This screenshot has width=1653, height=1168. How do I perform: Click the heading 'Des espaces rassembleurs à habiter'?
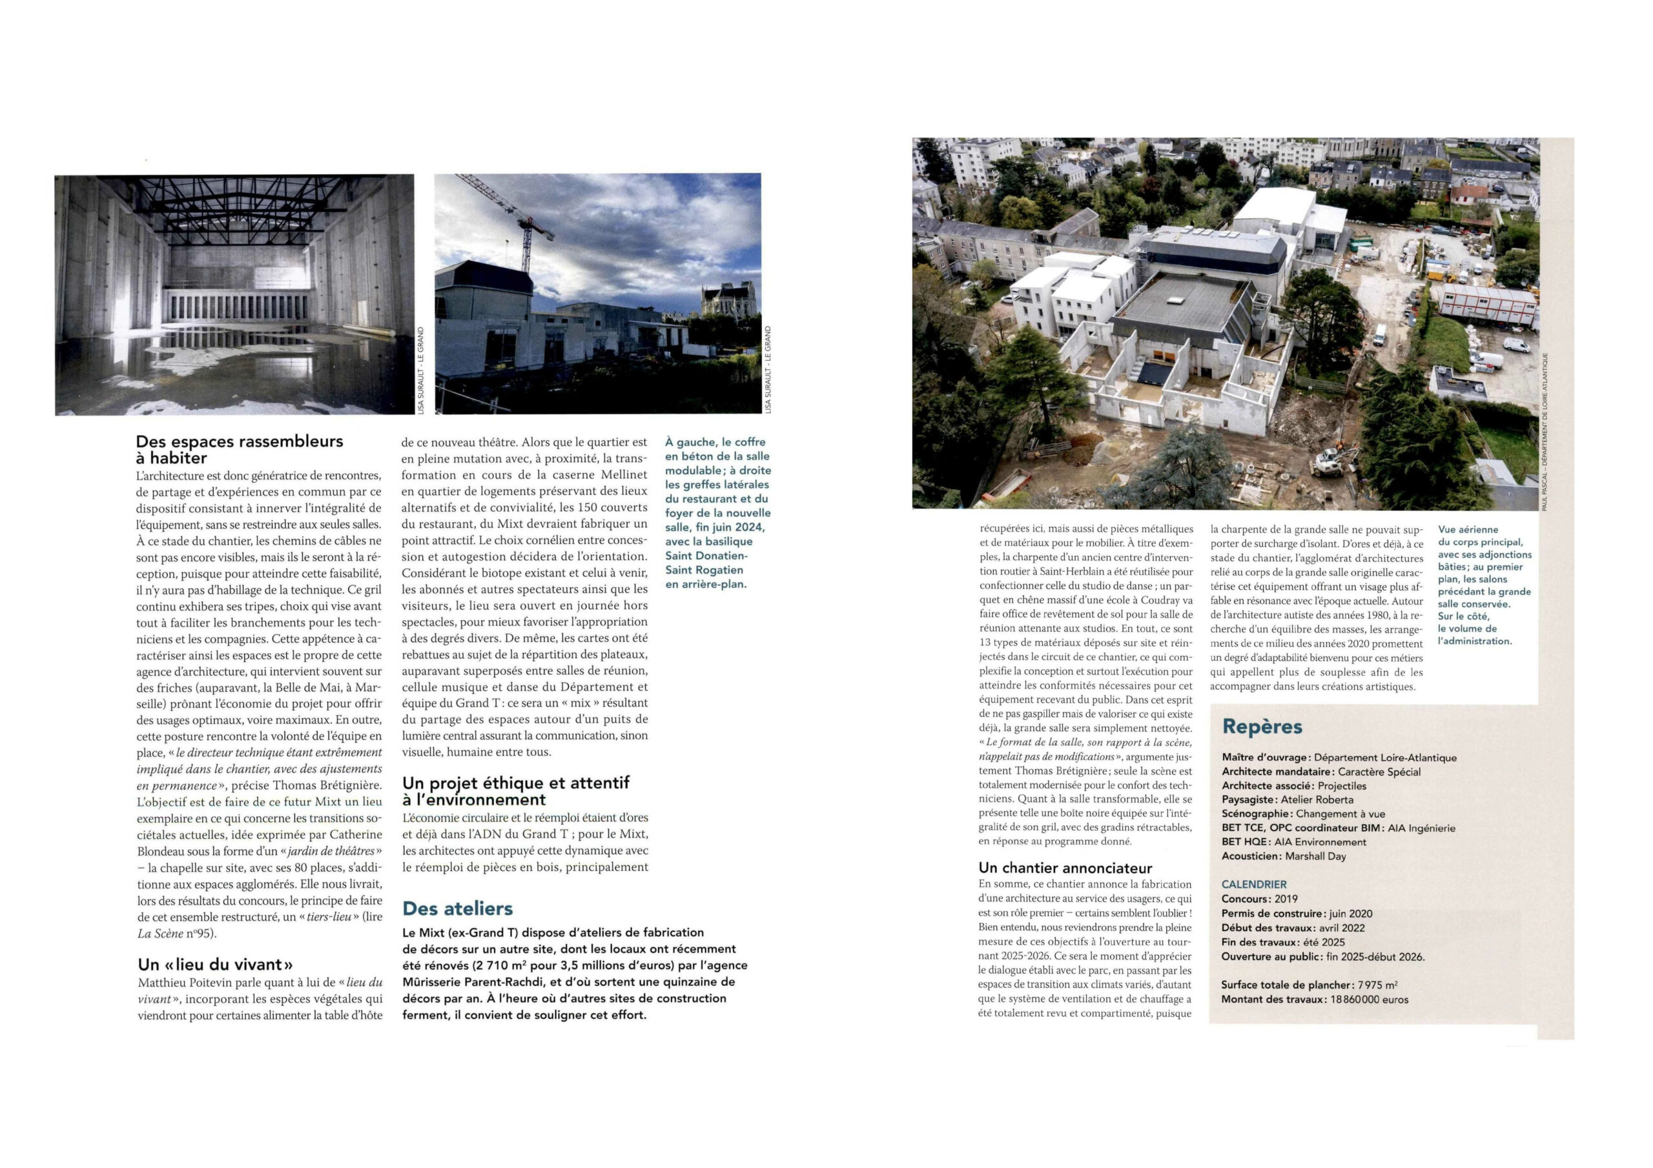pyautogui.click(x=239, y=449)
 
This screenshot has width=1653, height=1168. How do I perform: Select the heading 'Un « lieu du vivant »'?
pyautogui.click(x=215, y=964)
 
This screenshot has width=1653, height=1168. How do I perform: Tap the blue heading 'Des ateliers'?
pyautogui.click(x=457, y=908)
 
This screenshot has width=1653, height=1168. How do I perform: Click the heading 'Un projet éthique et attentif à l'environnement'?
pyautogui.click(x=515, y=791)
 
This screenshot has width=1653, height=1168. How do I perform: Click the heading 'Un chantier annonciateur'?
pyautogui.click(x=1065, y=868)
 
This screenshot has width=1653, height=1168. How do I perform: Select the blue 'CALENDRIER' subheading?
pyautogui.click(x=1253, y=885)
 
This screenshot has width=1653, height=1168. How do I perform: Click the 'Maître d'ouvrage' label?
pyautogui.click(x=1265, y=757)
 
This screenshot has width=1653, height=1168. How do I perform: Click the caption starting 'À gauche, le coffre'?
pyautogui.click(x=717, y=512)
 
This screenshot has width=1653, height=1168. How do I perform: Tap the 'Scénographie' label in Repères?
pyautogui.click(x=1257, y=813)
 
